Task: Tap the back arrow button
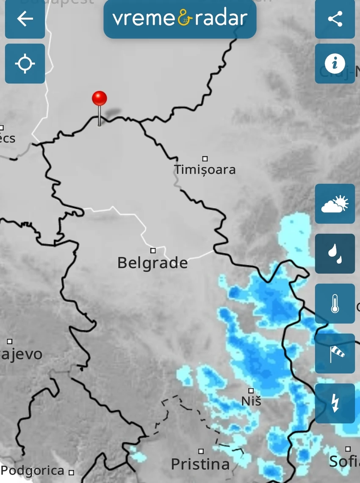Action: click(x=25, y=19)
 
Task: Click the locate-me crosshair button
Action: click(x=25, y=63)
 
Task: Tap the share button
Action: click(x=335, y=19)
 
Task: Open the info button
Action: click(x=335, y=63)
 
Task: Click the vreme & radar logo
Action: click(x=180, y=19)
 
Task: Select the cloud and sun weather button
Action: click(x=335, y=204)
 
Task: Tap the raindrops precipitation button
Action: click(x=335, y=254)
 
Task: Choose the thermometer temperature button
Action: click(x=335, y=304)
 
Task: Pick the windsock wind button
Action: click(x=335, y=353)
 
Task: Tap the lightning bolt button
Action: click(x=335, y=403)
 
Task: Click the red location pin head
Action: click(x=100, y=98)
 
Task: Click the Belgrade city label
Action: click(x=152, y=263)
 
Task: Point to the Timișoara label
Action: click(x=205, y=170)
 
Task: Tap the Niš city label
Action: click(x=251, y=400)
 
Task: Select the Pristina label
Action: click(x=200, y=464)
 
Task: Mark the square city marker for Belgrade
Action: click(x=153, y=250)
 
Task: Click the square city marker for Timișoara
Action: click(x=205, y=159)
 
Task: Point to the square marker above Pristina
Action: click(x=201, y=451)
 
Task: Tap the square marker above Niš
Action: click(x=251, y=390)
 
